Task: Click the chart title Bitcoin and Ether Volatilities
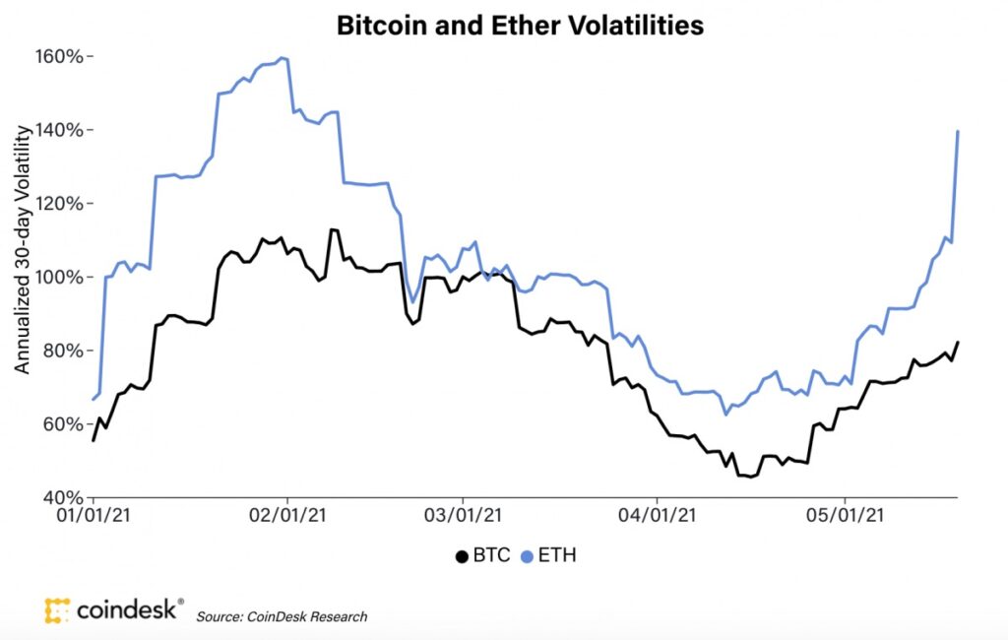coord(520,26)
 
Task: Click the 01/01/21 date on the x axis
coord(94,516)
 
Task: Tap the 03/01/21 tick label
coord(462,516)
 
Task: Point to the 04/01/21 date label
coord(657,516)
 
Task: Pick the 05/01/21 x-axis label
coord(844,516)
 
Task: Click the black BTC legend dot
coord(461,556)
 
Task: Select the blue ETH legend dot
coord(527,556)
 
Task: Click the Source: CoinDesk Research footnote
coord(282,616)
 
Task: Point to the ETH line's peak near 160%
coord(283,58)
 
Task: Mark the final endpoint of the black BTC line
coord(958,343)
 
